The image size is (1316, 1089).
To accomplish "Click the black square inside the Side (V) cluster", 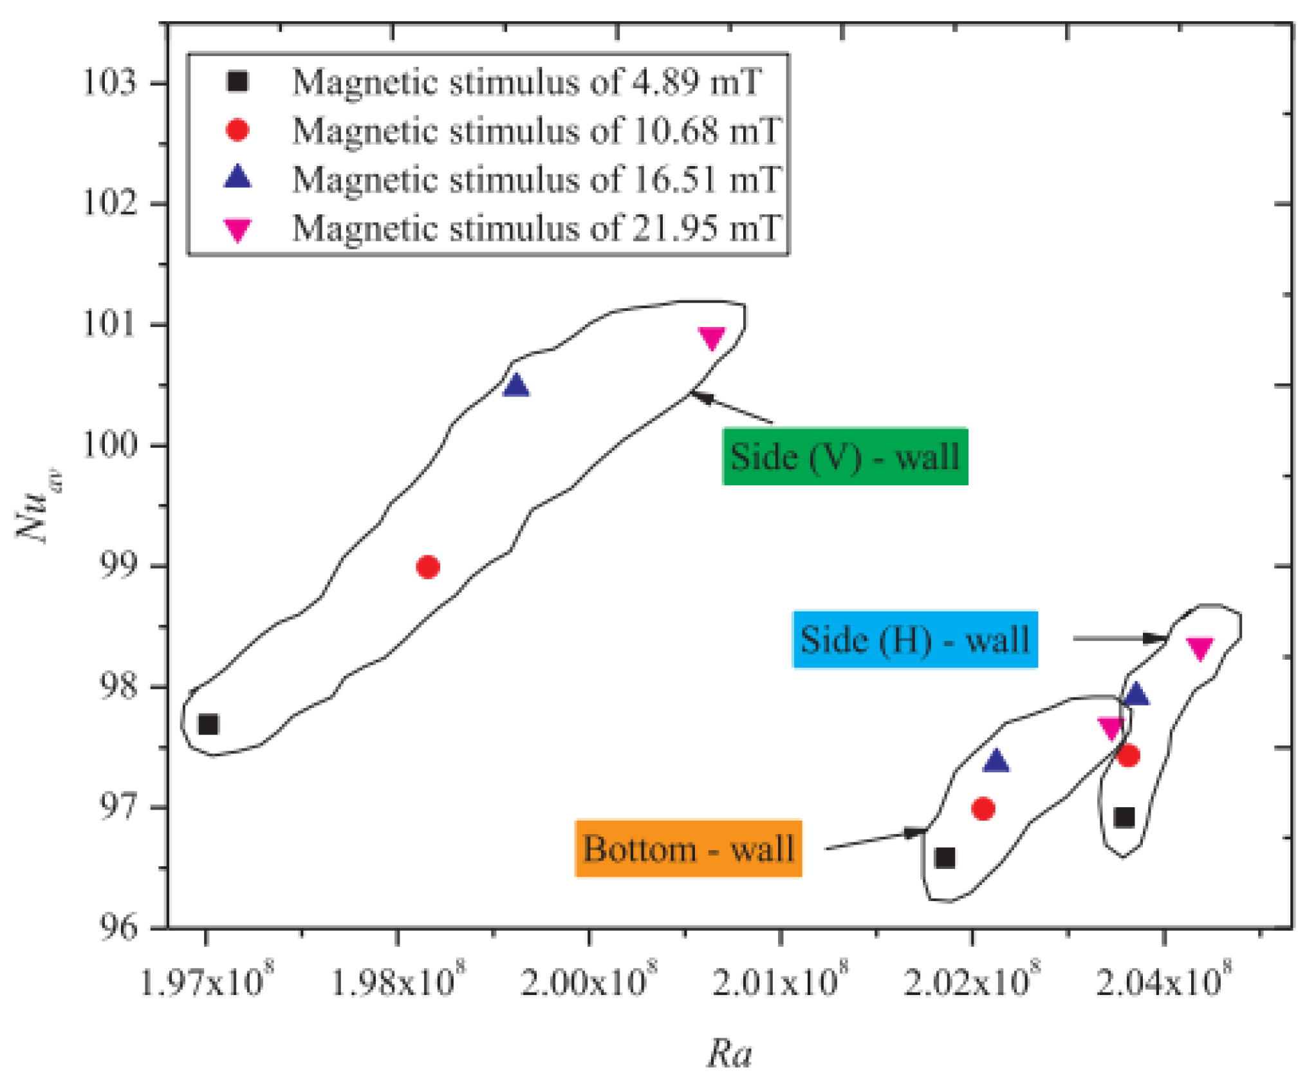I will pos(208,725).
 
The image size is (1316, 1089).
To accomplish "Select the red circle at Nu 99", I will pos(427,567).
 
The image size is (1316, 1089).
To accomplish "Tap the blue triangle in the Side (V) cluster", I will pos(515,386).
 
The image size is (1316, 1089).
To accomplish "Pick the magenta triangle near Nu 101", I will pos(711,337).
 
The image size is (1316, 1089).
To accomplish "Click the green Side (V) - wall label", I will pos(844,456).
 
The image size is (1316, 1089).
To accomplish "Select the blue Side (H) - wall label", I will pos(914,640).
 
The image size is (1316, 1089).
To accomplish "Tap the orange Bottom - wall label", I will pos(688,848).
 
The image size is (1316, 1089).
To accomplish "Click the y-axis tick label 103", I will pos(110,83).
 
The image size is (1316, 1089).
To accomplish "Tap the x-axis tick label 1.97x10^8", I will pos(205,982).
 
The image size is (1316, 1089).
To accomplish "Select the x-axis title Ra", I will pos(729,1054).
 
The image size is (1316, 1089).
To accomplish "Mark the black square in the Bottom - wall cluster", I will pos(944,858).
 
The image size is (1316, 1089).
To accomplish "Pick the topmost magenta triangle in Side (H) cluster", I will pos(1200,648).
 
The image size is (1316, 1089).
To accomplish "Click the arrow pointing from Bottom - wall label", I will pos(875,840).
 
